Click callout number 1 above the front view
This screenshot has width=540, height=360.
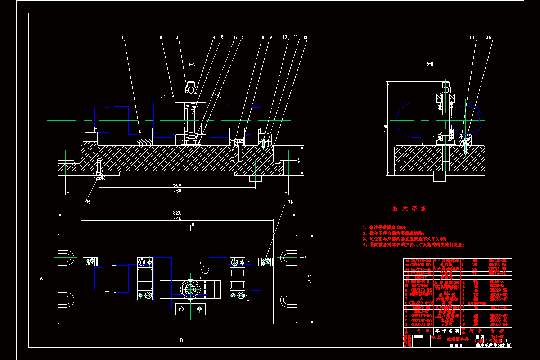click(x=122, y=38)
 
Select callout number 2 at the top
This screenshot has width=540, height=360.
click(x=161, y=38)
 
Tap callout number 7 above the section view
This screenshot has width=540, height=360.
click(x=243, y=38)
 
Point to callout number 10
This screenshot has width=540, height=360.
click(x=285, y=37)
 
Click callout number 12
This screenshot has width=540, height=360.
click(x=306, y=37)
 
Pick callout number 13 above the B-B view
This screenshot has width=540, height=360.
click(x=472, y=38)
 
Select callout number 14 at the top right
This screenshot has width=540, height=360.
click(x=489, y=38)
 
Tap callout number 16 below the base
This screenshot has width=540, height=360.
click(x=88, y=202)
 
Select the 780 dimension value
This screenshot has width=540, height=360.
click(x=177, y=191)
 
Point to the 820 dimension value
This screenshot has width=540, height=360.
click(x=177, y=212)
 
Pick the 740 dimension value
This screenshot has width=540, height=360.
click(x=177, y=218)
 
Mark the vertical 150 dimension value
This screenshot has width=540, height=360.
click(x=385, y=128)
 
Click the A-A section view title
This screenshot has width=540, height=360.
click(x=191, y=65)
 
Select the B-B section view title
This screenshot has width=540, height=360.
click(x=430, y=64)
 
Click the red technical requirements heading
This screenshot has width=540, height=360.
click(x=409, y=209)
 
